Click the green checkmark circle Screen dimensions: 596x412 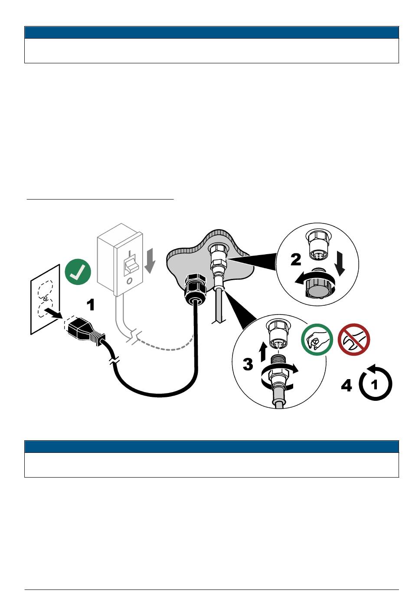click(78, 272)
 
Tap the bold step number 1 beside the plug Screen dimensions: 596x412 click(91, 305)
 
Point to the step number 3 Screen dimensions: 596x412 click(248, 364)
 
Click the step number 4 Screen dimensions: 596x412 click(347, 385)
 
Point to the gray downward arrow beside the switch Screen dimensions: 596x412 click(149, 261)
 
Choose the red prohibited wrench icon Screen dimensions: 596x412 click(354, 339)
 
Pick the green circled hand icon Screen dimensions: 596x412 click(317, 340)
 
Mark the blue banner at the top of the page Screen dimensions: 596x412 click(211, 33)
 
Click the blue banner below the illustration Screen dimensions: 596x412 click(211, 447)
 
